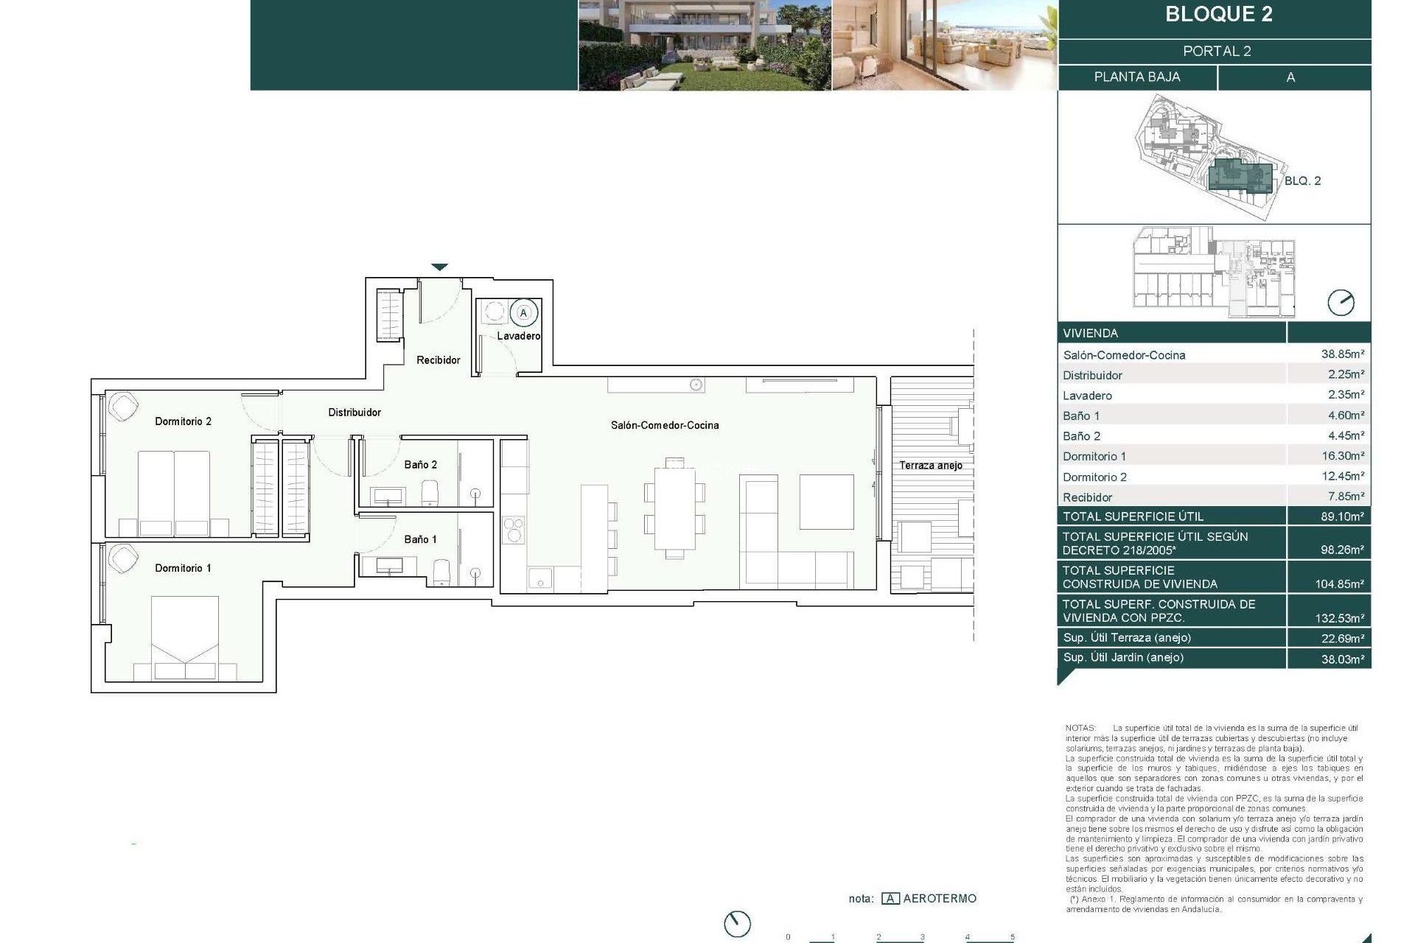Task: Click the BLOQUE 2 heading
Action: tap(1218, 15)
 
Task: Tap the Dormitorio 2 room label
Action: tap(183, 421)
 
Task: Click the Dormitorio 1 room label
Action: tap(183, 568)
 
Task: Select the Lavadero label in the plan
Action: tap(518, 336)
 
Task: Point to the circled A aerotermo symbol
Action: tap(523, 313)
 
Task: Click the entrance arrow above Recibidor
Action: tap(439, 267)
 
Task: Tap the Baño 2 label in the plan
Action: tap(420, 465)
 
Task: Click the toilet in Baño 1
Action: tap(441, 572)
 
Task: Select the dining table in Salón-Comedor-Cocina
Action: tap(674, 508)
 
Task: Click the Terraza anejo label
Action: tap(930, 466)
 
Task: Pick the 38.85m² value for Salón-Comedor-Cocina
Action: tap(1342, 354)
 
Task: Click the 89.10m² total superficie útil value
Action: tap(1342, 516)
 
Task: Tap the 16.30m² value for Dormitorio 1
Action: tap(1342, 456)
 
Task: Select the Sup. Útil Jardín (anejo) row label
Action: tap(1123, 657)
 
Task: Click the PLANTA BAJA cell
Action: tap(1136, 77)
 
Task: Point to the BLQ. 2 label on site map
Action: tap(1302, 180)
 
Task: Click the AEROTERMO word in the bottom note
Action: tap(939, 898)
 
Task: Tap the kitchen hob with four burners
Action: tap(513, 529)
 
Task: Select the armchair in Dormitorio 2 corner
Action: tap(122, 407)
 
